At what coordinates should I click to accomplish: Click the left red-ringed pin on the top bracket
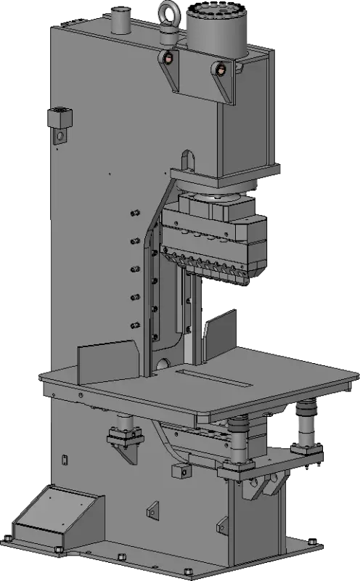[168, 60]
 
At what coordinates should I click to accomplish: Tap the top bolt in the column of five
[134, 214]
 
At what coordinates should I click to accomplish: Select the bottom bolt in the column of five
[134, 325]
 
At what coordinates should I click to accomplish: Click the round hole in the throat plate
[163, 362]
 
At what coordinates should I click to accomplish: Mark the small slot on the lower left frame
[64, 458]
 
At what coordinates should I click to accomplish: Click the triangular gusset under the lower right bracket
[266, 487]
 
